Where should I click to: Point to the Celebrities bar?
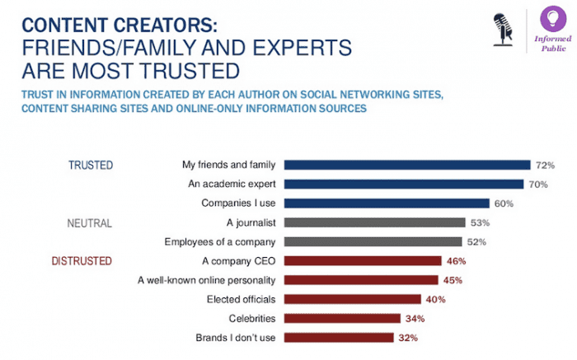[343, 318]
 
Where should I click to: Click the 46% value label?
[457, 261]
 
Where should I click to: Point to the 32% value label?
[409, 338]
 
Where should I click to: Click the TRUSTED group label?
[91, 165]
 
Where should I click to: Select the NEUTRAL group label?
[89, 222]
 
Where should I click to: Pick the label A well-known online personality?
[206, 280]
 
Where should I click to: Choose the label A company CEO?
[239, 260]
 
